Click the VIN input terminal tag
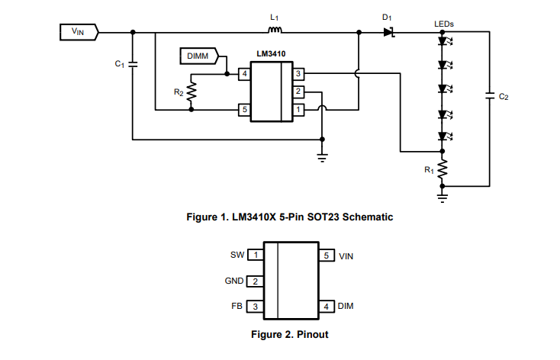(79, 32)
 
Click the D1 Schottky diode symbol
(388, 32)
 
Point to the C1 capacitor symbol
(134, 65)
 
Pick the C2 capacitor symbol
(488, 96)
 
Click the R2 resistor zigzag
(191, 92)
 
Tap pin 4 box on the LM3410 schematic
(244, 74)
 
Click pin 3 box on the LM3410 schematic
(299, 74)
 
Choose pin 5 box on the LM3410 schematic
(244, 110)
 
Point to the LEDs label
(443, 24)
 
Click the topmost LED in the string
(443, 43)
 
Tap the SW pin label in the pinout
(237, 255)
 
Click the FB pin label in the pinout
(237, 306)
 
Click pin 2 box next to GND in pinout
(255, 281)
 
